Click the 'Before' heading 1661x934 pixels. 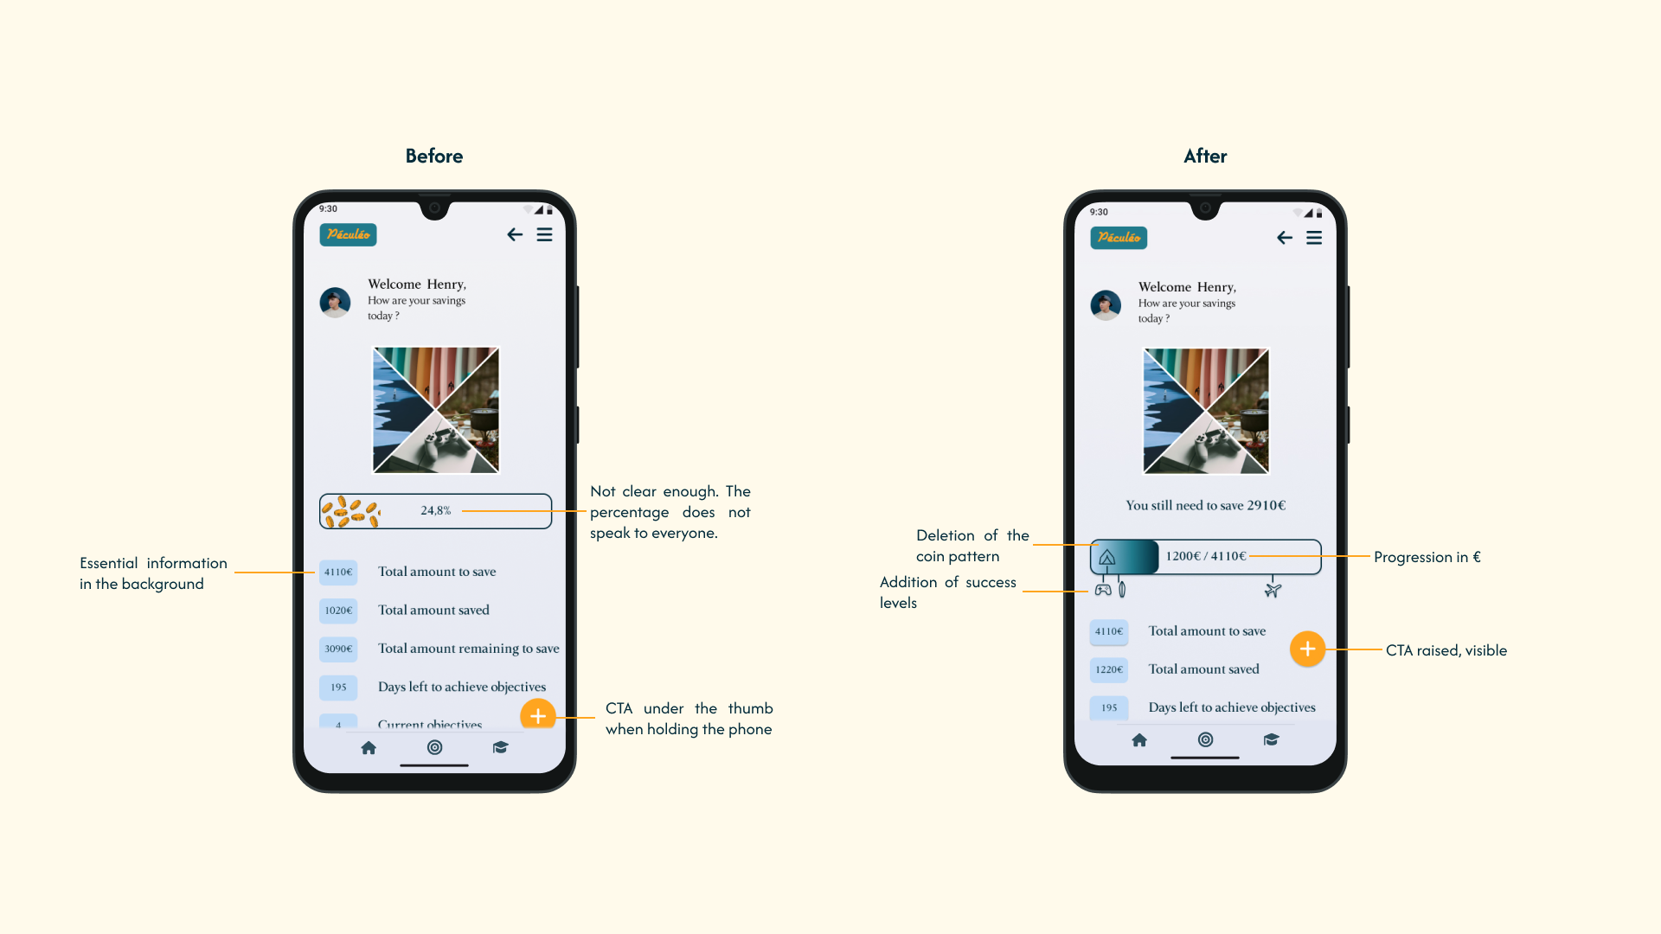click(x=433, y=156)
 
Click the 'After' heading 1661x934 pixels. click(x=1205, y=156)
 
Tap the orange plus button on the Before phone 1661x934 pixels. click(x=537, y=715)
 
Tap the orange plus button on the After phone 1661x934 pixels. click(x=1307, y=649)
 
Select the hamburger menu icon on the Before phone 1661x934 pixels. click(x=544, y=234)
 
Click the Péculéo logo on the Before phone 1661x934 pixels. click(x=348, y=234)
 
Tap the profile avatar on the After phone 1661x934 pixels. click(x=1106, y=304)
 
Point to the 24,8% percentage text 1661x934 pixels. click(x=436, y=511)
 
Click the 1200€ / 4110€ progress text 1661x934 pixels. click(x=1206, y=556)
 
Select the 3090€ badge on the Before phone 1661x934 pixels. click(x=338, y=649)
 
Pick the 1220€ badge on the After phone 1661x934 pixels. click(x=1109, y=669)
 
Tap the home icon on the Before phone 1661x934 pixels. click(x=369, y=747)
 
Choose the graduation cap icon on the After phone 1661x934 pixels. click(x=1271, y=739)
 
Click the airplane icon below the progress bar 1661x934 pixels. click(x=1273, y=591)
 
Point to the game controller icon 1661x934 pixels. click(x=1103, y=590)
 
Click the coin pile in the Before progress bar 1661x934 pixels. click(x=350, y=511)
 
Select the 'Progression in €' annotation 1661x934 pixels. click(x=1427, y=557)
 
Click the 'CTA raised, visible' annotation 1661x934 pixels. click(x=1446, y=650)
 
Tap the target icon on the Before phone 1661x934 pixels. click(x=435, y=747)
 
